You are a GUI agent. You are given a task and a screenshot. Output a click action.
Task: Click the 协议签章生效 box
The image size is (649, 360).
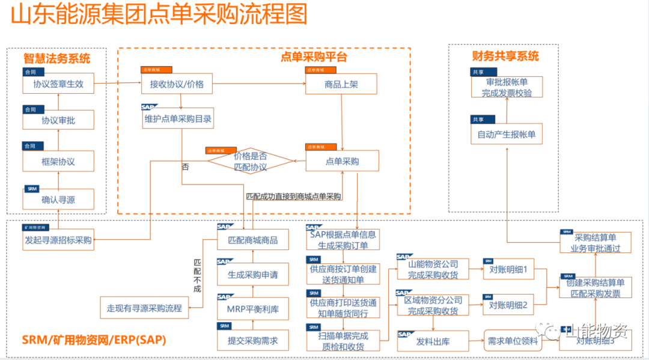(x=58, y=85)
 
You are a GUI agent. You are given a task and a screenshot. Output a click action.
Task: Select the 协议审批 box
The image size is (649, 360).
(x=58, y=120)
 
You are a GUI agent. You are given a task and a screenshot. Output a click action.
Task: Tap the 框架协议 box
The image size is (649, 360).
(x=58, y=162)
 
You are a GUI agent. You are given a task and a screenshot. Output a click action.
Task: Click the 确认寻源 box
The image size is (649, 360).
(x=58, y=199)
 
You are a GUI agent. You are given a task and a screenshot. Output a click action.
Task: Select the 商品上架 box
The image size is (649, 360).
(x=341, y=85)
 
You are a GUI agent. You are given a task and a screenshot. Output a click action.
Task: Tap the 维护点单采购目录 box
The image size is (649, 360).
(x=178, y=119)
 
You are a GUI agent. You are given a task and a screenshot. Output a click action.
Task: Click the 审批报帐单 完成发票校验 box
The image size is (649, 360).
(x=507, y=88)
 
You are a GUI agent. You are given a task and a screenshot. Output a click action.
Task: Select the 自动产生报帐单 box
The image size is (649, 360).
(x=507, y=135)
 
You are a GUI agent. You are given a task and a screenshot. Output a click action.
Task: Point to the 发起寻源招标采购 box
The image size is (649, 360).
(x=58, y=240)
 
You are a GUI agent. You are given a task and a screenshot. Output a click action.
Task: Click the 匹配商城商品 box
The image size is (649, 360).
(x=253, y=240)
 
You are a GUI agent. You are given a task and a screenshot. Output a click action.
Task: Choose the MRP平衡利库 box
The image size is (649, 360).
(x=253, y=308)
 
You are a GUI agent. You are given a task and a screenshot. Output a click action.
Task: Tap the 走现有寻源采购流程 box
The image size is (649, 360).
(x=144, y=308)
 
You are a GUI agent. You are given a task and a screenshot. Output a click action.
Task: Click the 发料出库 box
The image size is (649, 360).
(x=433, y=341)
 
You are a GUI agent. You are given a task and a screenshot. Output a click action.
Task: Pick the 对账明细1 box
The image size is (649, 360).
(x=508, y=271)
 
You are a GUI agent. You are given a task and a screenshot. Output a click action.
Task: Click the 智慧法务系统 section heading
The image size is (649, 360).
(x=57, y=58)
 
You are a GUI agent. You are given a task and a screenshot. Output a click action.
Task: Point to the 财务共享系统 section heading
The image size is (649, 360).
(x=505, y=56)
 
